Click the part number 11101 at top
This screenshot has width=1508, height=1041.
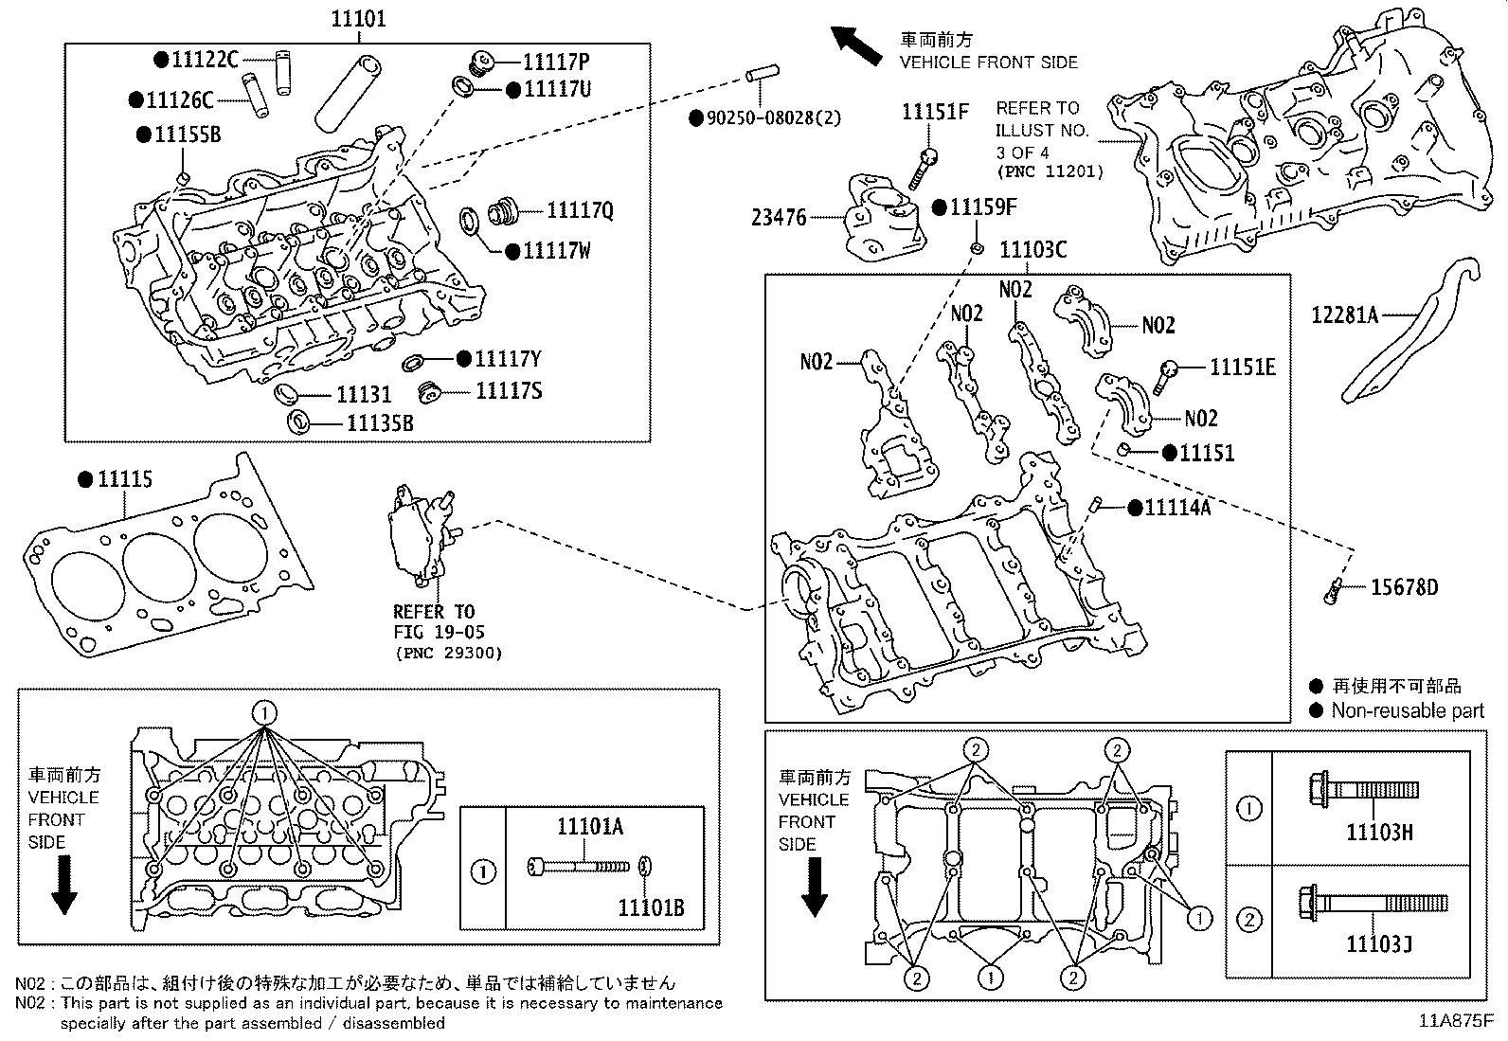(358, 18)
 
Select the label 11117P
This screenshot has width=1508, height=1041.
(555, 62)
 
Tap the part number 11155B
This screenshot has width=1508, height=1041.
(188, 135)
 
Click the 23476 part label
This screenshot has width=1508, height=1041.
(779, 218)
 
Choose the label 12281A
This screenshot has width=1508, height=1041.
(1344, 314)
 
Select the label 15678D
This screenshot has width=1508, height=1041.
(1404, 587)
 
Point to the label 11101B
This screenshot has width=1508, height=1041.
(651, 908)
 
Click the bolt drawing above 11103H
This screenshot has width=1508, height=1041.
(1360, 788)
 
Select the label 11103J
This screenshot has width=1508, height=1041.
(1379, 944)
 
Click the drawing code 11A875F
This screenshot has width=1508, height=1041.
(1456, 1021)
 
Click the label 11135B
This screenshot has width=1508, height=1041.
(380, 422)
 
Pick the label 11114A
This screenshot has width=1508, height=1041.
(1177, 508)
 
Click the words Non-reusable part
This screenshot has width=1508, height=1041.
(1408, 710)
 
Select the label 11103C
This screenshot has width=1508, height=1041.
(1032, 249)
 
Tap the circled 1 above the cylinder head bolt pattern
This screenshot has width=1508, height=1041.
(265, 712)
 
